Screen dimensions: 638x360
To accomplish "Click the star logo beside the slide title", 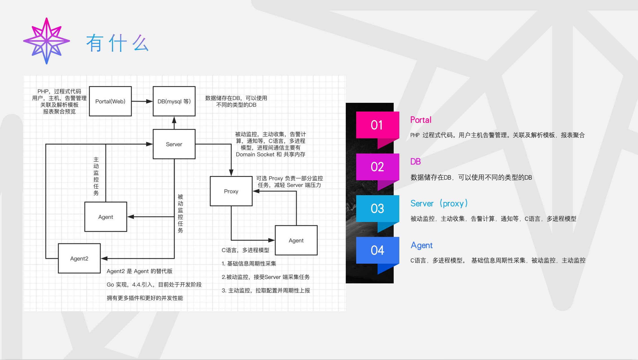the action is (x=46, y=41).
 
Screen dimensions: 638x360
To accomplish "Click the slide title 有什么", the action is (x=117, y=43).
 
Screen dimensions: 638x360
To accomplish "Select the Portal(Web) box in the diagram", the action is (x=110, y=101).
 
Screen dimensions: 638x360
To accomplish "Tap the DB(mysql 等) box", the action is (x=174, y=101).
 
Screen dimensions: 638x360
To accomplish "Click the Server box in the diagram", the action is (x=174, y=144).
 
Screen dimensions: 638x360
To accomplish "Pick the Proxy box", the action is (x=231, y=191).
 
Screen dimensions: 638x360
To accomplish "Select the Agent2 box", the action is (x=79, y=258).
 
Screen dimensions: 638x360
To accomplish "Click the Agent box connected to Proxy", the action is (x=296, y=240).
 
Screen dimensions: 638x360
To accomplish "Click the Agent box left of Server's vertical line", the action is (x=106, y=217).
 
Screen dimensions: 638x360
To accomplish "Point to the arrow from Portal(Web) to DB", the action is (x=142, y=101).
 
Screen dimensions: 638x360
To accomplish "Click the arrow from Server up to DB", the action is (x=174, y=123).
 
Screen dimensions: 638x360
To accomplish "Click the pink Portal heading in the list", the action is (x=421, y=120).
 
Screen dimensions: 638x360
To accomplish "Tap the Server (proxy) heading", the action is (x=439, y=203).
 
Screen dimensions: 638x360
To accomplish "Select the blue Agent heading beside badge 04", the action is (x=422, y=245).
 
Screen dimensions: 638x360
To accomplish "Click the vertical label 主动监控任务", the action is (x=96, y=176).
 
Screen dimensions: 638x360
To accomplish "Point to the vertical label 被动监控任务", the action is (x=180, y=214).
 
